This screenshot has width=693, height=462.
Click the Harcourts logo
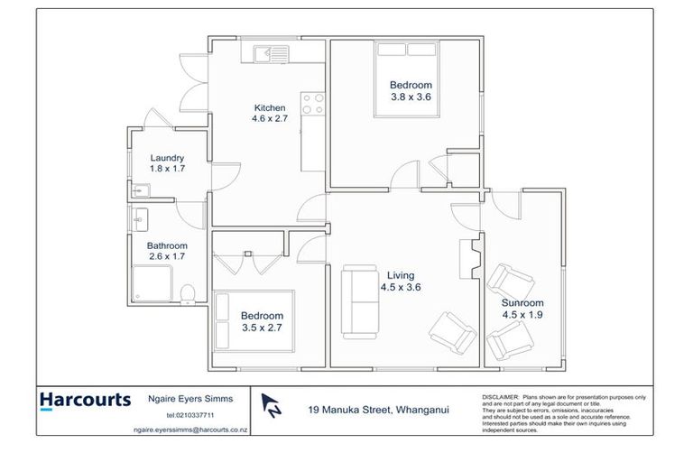tap(86, 400)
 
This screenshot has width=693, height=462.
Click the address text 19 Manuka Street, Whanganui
tap(378, 410)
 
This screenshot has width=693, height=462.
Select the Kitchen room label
tap(269, 107)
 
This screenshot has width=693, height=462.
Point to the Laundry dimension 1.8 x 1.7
tap(167, 169)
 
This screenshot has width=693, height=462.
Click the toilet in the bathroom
tap(188, 293)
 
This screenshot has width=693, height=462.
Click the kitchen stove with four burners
tap(312, 105)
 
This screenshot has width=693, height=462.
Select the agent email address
tap(189, 430)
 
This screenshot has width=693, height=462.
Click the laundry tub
tap(140, 190)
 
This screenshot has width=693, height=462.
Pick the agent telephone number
tap(189, 415)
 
